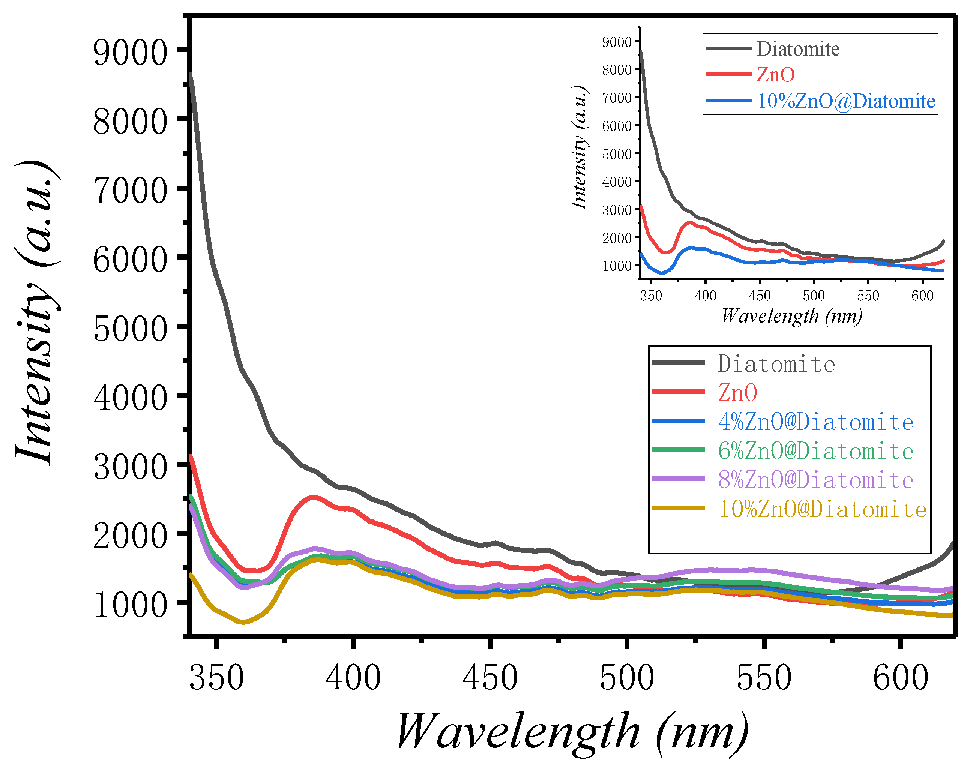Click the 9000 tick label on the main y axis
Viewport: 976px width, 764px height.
130,53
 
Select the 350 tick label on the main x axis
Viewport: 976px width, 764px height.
216,678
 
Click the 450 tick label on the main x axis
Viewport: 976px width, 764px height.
490,678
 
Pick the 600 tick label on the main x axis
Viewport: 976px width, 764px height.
900,678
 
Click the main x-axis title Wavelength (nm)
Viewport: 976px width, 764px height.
572,731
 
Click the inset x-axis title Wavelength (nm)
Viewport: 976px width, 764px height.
792,316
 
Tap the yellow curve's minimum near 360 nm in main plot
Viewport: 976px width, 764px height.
243,622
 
